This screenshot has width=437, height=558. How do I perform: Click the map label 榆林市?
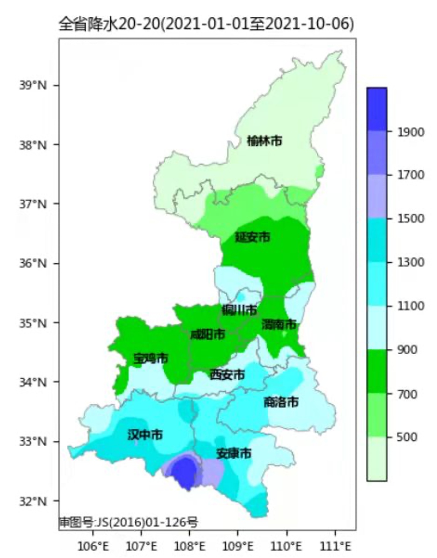click(264, 141)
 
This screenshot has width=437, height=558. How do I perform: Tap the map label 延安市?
click(253, 237)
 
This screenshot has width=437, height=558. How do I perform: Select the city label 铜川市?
click(239, 310)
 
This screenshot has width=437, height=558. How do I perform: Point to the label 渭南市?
click(279, 324)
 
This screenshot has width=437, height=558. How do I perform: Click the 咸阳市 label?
click(208, 335)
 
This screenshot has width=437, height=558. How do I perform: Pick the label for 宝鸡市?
click(151, 358)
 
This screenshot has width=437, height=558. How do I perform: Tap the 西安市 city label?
click(227, 375)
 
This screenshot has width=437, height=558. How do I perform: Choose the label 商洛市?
click(281, 402)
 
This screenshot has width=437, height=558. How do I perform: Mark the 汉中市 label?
click(145, 435)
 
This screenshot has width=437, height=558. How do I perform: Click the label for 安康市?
click(234, 453)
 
